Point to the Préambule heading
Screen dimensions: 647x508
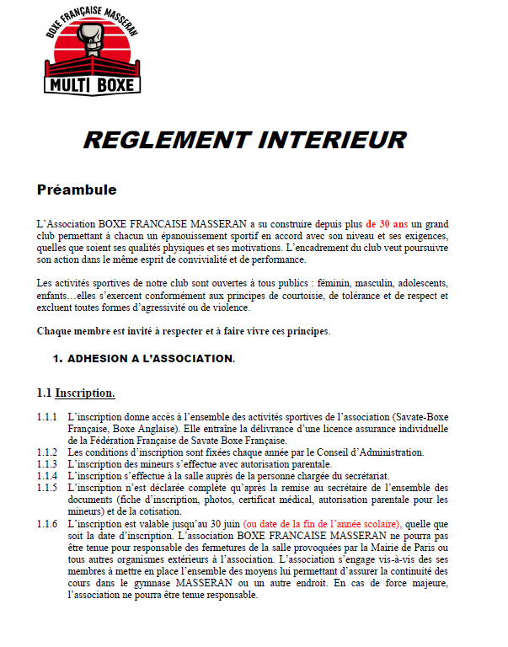[77, 190]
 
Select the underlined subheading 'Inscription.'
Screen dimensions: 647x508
[85, 393]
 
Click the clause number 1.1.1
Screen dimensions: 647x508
[47, 418]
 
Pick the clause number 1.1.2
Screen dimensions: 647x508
[47, 452]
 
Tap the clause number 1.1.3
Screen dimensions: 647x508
[47, 464]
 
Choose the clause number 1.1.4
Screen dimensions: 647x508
[47, 476]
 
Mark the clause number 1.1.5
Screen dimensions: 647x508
[47, 488]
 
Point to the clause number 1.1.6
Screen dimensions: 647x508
[47, 523]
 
